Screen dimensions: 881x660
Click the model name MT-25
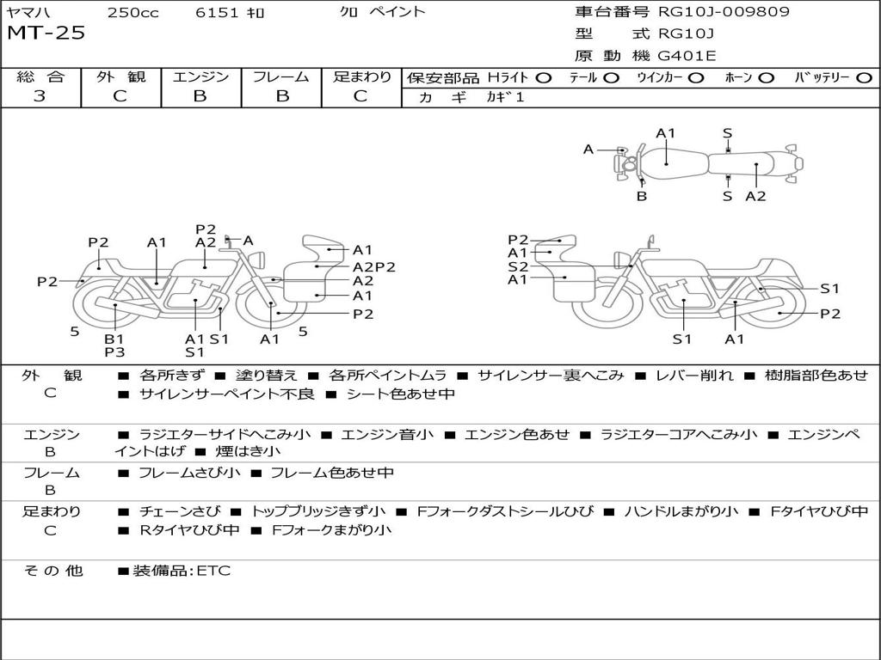point(46,34)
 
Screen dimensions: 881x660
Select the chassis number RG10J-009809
point(724,12)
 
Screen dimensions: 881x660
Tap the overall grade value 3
point(40,96)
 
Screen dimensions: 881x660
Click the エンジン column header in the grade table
point(200,77)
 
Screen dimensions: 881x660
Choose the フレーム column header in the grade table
point(280,77)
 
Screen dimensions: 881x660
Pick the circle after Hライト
point(543,77)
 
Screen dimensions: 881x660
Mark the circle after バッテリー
point(863,77)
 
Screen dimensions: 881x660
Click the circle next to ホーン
point(767,77)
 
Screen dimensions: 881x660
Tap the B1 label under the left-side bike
point(114,339)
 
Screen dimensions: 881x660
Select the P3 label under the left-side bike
point(114,351)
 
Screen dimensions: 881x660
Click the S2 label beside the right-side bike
point(518,266)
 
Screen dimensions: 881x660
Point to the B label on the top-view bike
point(642,196)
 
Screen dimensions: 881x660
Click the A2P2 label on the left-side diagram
point(374,266)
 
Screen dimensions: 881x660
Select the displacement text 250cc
point(132,12)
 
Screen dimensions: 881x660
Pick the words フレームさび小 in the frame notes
point(189,473)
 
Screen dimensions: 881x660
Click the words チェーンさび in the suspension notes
point(180,511)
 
